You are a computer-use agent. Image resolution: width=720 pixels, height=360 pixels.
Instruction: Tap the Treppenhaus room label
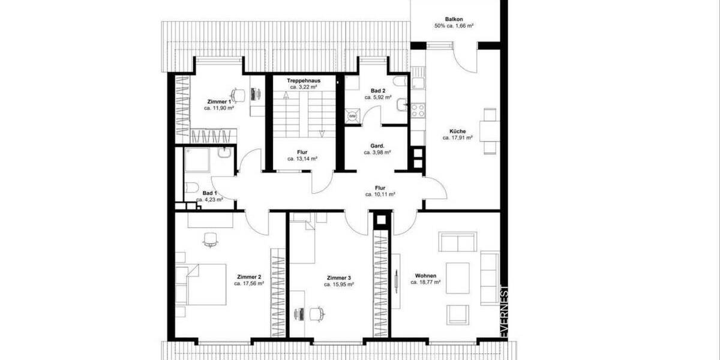tap(302, 80)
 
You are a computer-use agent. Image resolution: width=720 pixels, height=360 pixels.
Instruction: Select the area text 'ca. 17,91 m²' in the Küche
tap(457, 137)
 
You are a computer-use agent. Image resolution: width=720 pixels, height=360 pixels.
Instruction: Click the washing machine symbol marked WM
tap(353, 115)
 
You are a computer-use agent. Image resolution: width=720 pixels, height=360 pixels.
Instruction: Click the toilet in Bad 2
tap(398, 82)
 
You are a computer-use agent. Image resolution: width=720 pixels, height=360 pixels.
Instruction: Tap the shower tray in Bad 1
tap(197, 161)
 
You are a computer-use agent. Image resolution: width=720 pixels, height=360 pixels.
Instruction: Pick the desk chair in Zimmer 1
tap(238, 94)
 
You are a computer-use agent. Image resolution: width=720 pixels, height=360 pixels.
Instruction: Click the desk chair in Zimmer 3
tap(319, 313)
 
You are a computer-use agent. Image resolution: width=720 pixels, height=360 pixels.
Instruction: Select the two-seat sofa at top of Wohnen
tap(458, 242)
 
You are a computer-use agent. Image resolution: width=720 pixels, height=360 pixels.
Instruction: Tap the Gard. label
tap(377, 146)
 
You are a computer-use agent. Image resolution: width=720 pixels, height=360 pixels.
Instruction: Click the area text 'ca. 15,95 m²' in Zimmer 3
tap(339, 284)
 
